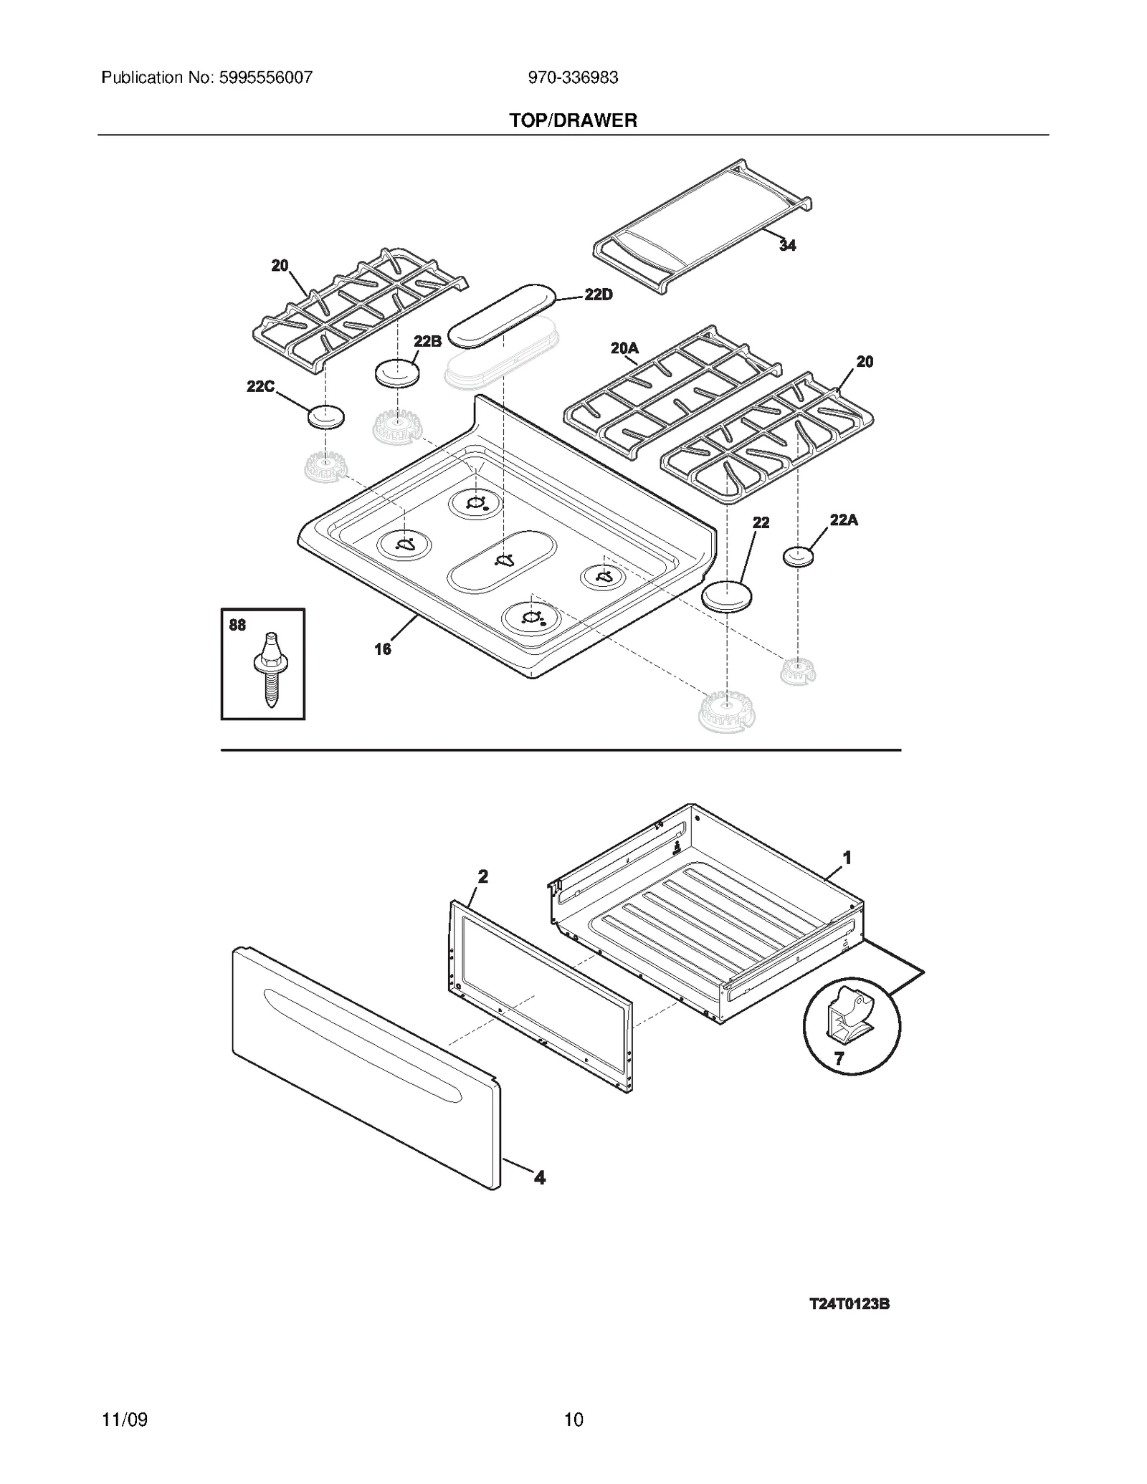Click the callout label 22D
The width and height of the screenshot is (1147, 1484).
point(599,295)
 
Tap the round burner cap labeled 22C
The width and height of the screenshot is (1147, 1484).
point(326,416)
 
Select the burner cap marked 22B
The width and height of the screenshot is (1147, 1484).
point(396,373)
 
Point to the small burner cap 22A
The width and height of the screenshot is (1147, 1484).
point(798,556)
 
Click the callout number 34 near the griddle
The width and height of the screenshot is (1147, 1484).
point(787,246)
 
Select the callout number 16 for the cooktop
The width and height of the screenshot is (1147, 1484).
point(383,649)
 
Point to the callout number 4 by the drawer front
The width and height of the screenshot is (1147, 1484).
point(540,1177)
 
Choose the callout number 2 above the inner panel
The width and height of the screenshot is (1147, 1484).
point(482,876)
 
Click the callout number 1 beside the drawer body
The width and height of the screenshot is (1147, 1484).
point(847,857)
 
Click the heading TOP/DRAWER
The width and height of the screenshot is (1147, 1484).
point(573,120)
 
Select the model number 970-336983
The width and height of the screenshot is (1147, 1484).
point(573,77)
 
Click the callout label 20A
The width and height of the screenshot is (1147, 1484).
point(624,348)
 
